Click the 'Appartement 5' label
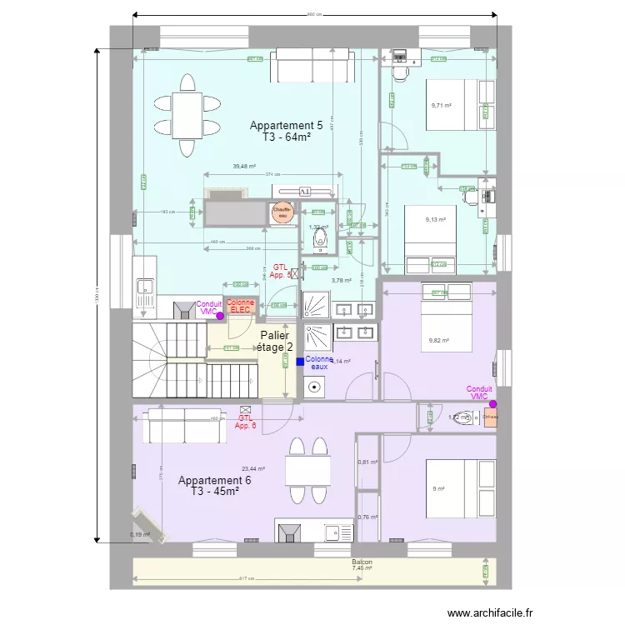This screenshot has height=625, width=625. [x=286, y=125]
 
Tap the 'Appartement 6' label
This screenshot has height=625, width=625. [x=214, y=481]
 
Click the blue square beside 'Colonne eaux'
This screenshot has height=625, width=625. [x=300, y=362]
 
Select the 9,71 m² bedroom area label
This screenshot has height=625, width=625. [x=441, y=106]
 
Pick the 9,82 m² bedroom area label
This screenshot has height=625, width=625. [x=439, y=340]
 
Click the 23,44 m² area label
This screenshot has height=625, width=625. [x=253, y=468]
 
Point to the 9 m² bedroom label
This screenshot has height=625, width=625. [x=437, y=489]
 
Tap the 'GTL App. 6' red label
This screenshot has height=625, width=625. [x=245, y=422]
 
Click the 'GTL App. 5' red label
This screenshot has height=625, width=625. [x=281, y=271]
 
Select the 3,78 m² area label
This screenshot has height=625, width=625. [x=342, y=281]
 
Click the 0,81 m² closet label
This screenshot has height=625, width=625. [x=367, y=462]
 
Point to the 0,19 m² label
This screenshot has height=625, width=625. [x=139, y=535]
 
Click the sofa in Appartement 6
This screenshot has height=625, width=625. [x=184, y=425]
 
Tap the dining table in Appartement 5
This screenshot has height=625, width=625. [x=187, y=115]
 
